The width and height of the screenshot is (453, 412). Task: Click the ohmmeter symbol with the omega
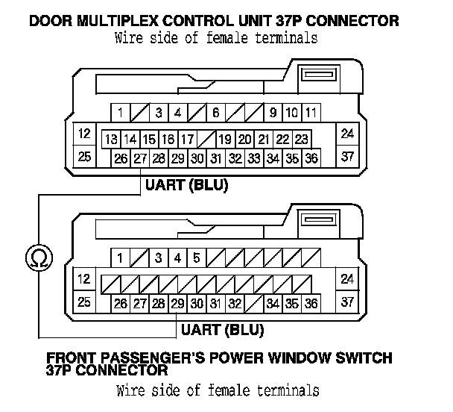[35, 257]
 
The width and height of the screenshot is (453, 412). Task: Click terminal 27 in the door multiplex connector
[139, 158]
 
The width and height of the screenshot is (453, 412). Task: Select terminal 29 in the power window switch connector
[177, 303]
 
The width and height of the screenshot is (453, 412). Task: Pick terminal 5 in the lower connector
[196, 258]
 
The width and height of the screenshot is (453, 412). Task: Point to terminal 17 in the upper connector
[188, 140]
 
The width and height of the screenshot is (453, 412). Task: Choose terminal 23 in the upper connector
[301, 140]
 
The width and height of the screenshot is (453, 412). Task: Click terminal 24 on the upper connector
[347, 134]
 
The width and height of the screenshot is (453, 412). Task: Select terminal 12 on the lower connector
[84, 279]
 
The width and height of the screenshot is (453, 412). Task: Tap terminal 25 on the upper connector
[84, 157]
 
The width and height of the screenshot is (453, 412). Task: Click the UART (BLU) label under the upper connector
[186, 184]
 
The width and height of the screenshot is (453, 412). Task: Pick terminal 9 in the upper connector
[273, 113]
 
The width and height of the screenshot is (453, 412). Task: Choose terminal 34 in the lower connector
[273, 303]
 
